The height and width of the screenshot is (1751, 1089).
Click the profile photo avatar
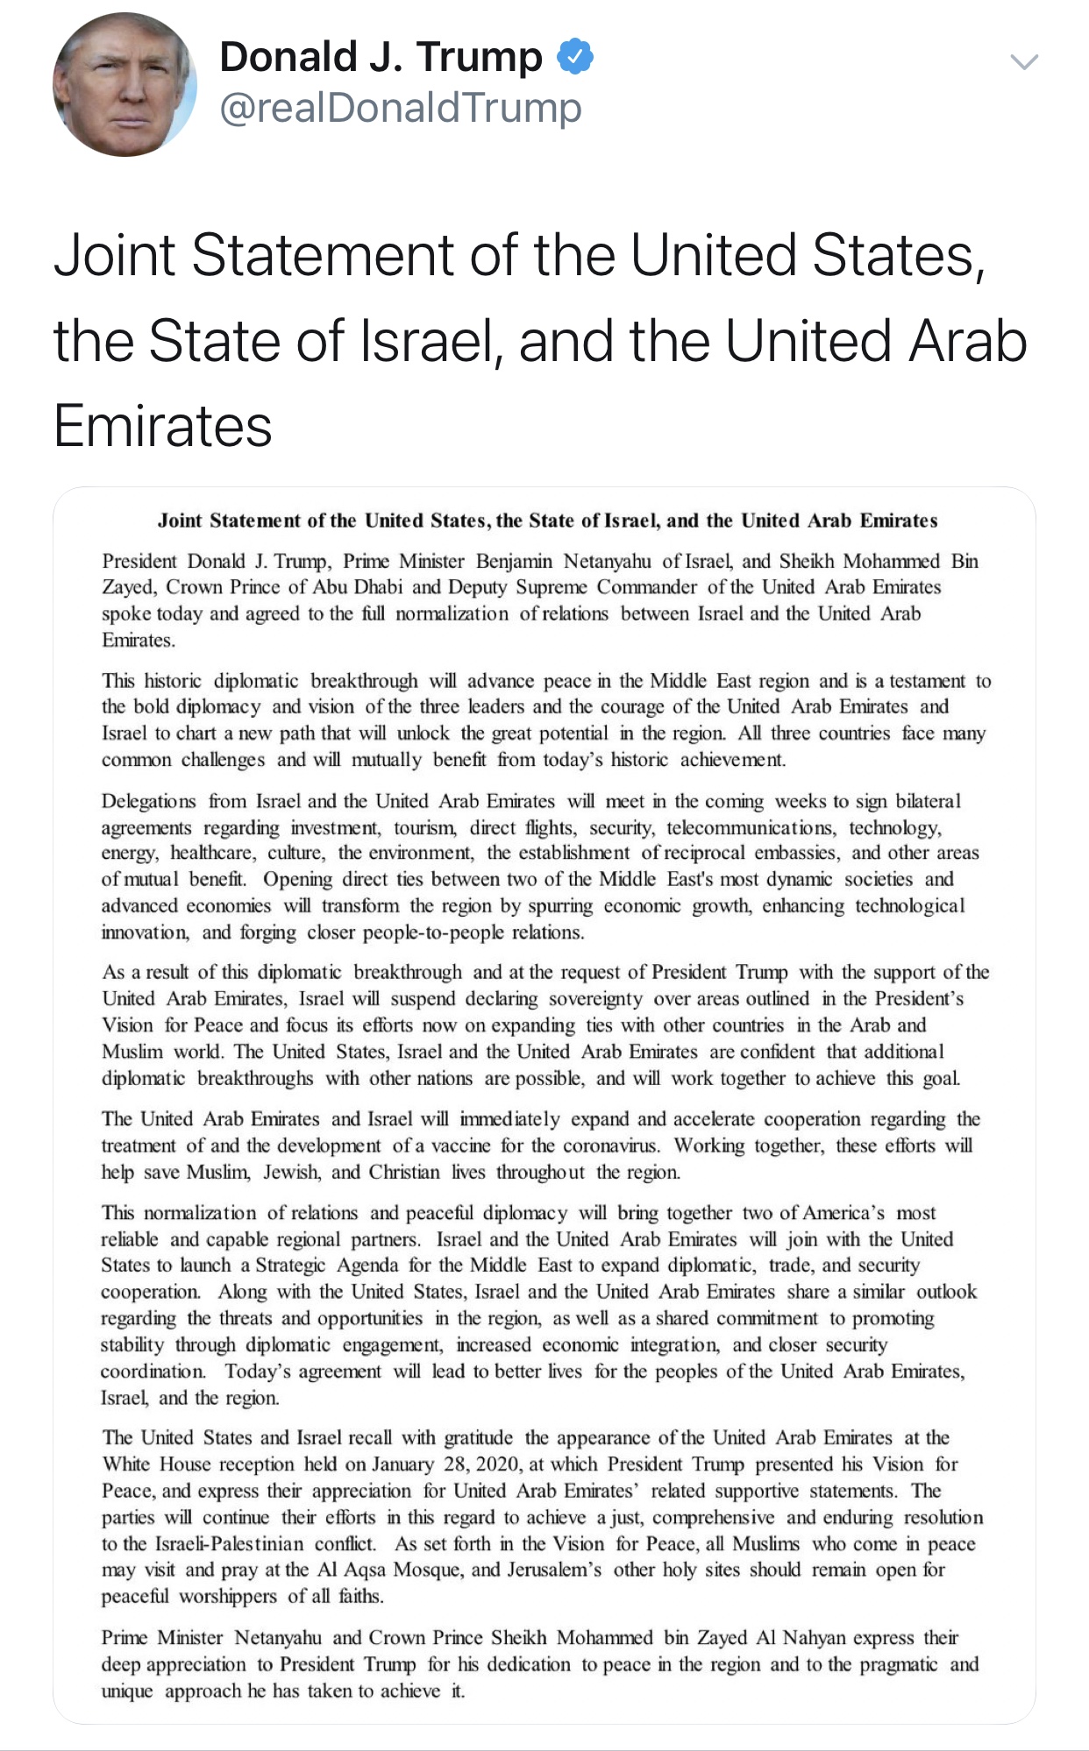(x=125, y=85)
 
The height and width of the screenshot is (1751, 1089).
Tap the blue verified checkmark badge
(x=575, y=57)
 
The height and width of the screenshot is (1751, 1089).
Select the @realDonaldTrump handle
(x=401, y=108)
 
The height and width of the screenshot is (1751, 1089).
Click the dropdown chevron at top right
(x=1024, y=61)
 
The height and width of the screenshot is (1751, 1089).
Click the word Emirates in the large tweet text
(x=163, y=426)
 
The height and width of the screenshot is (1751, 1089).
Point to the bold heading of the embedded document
(x=547, y=521)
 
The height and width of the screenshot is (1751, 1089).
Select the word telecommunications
(x=751, y=827)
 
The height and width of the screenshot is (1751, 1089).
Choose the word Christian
(x=403, y=1172)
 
